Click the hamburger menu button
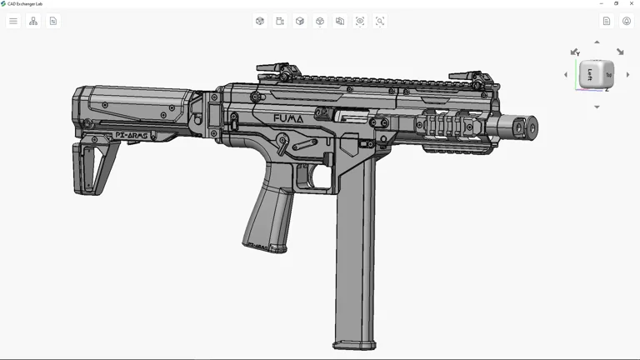[13, 21]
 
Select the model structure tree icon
[33, 21]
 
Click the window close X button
[632, 3]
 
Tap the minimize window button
[602, 3]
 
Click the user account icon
[627, 21]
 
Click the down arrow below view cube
[597, 107]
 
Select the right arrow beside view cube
[627, 75]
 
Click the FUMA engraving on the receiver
[288, 118]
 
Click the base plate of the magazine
[354, 344]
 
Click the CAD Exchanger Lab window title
[25, 3]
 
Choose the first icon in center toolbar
[260, 21]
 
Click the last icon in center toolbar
[380, 21]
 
